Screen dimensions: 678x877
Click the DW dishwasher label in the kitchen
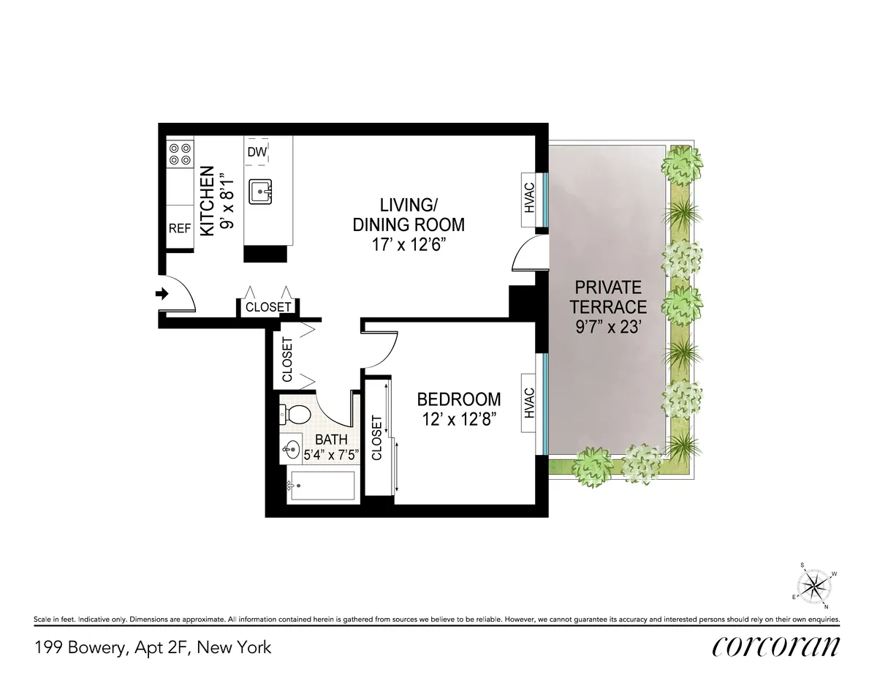click(256, 152)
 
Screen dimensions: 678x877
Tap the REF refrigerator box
click(179, 228)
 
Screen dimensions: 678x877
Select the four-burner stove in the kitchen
click(180, 153)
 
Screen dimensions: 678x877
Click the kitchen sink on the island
click(259, 192)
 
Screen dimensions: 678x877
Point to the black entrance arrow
click(162, 294)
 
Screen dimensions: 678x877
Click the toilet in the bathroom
click(296, 415)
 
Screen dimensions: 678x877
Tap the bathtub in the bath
click(322, 486)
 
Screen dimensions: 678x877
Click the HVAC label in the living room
click(530, 197)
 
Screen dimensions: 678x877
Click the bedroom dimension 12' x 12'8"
click(459, 421)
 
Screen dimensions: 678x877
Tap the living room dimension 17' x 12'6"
click(409, 244)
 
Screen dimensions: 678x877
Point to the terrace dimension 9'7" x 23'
click(608, 328)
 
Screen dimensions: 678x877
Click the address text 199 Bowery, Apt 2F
click(152, 647)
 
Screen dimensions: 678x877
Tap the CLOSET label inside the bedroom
click(377, 437)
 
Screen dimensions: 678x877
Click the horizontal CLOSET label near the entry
click(268, 307)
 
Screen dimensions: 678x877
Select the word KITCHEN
click(208, 201)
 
